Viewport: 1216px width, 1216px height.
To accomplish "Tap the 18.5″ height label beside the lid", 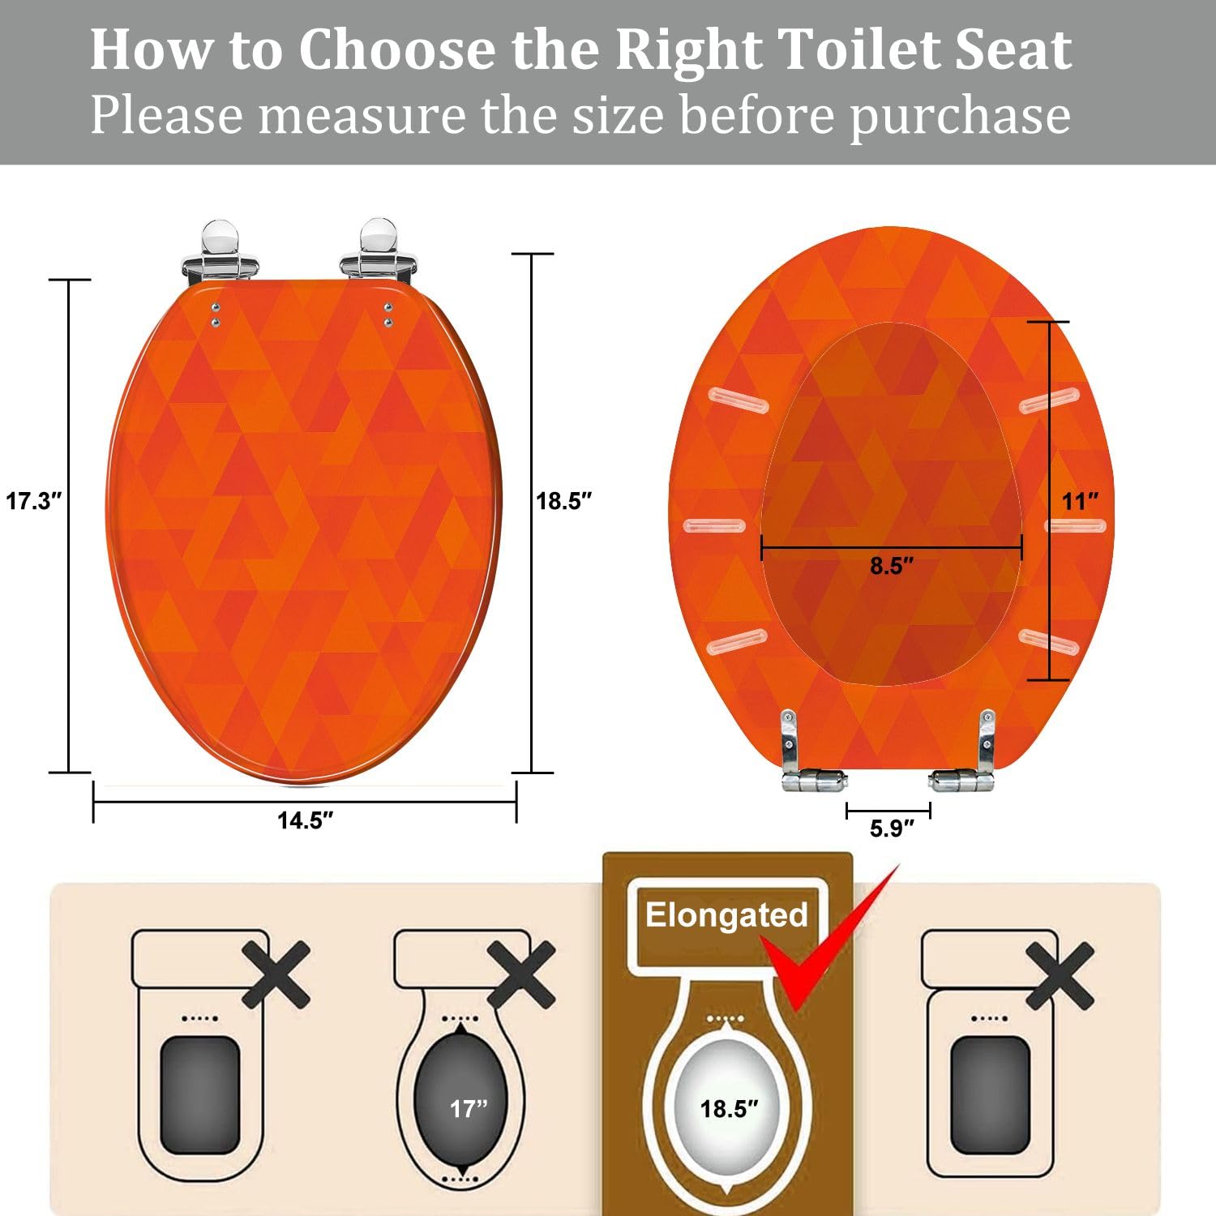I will [564, 501].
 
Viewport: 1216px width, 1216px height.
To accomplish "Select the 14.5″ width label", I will [305, 820].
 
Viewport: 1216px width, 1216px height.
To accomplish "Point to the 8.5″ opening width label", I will [892, 566].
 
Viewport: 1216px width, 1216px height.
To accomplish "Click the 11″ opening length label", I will [1080, 501].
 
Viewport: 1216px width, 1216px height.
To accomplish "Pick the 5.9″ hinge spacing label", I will [892, 829].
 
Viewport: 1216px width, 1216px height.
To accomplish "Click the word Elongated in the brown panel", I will [726, 915].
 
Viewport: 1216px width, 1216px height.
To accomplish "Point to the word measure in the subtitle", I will [362, 115].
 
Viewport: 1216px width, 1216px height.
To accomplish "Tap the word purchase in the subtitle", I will [960, 115].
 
